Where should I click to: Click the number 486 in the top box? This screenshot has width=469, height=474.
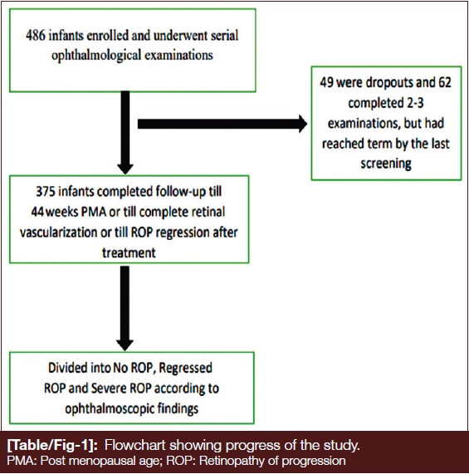36,36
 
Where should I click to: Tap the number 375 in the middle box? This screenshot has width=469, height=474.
46,192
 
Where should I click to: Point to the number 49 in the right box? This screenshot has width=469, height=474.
327,82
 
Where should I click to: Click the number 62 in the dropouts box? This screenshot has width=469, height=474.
445,82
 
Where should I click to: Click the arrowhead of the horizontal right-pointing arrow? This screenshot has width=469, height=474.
303,124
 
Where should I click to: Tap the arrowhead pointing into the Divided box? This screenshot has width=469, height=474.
125,345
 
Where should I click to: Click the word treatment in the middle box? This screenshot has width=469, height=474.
129,252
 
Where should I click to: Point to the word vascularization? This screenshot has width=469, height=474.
58,232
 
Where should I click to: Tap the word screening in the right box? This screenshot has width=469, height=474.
386,164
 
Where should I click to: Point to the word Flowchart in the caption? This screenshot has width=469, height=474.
135,445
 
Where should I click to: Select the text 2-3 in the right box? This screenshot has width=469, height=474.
414,103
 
